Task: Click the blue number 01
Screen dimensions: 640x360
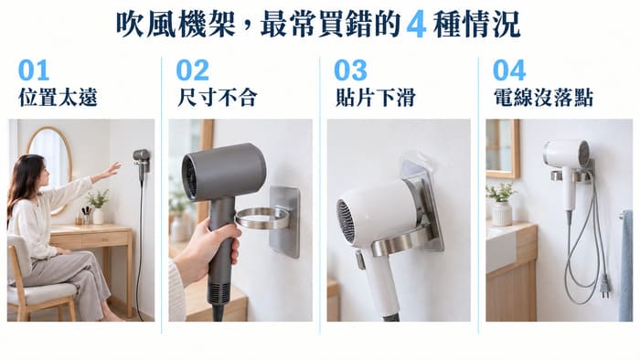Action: tap(34, 70)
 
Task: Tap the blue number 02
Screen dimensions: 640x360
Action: tap(192, 70)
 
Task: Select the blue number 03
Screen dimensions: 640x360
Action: tap(350, 70)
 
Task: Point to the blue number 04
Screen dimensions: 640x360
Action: tap(509, 70)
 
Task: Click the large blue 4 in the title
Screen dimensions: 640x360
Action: tap(416, 26)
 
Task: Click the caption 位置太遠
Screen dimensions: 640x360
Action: tap(58, 98)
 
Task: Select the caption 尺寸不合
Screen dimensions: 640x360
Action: tap(217, 98)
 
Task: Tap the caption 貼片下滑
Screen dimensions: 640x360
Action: tap(375, 98)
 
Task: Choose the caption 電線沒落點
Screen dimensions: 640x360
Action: tap(543, 98)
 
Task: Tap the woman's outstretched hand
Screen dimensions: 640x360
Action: tap(112, 169)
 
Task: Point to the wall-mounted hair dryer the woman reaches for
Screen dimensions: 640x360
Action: tap(142, 163)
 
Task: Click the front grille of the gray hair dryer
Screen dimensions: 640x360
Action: tap(190, 176)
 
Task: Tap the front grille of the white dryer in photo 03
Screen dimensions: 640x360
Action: tap(346, 221)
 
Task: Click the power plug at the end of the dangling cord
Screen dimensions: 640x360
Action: tap(604, 285)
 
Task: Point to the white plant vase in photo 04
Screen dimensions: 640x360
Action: tap(501, 213)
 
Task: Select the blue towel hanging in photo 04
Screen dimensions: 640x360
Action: tap(625, 266)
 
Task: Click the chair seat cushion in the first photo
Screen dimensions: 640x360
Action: tap(42, 293)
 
